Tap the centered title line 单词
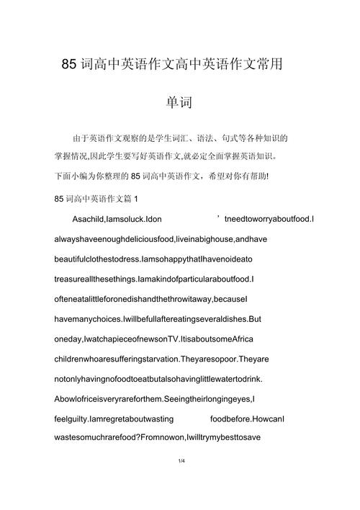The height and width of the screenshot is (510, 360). pos(180,102)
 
